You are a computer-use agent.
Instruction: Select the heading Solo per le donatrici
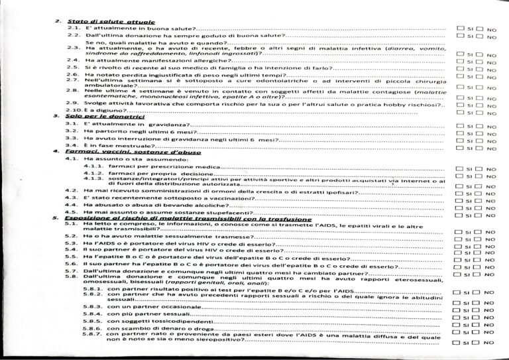coord(95,116)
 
